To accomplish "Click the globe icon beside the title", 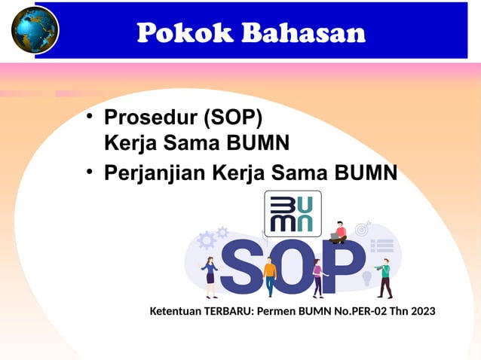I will pos(34,30).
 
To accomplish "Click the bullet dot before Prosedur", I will pos(89,117).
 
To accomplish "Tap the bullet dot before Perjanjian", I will pos(89,172).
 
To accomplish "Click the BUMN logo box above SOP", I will pos(293,213).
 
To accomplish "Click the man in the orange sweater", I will pos(270,275).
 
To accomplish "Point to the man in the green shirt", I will pos(384,277).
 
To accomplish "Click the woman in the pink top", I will pos(317,277).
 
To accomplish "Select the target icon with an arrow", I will pos(363,227).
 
